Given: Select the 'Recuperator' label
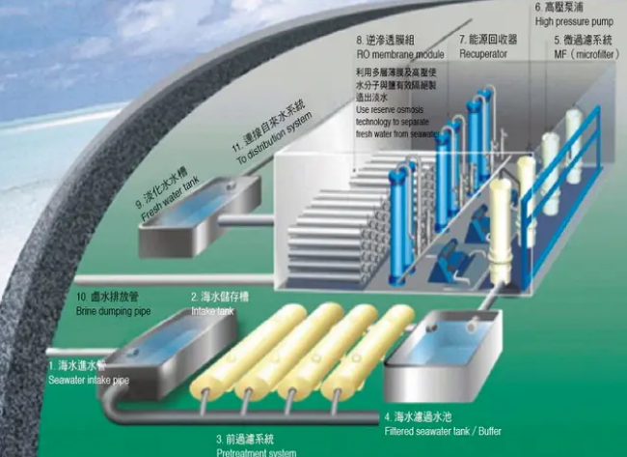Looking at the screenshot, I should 483,56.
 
